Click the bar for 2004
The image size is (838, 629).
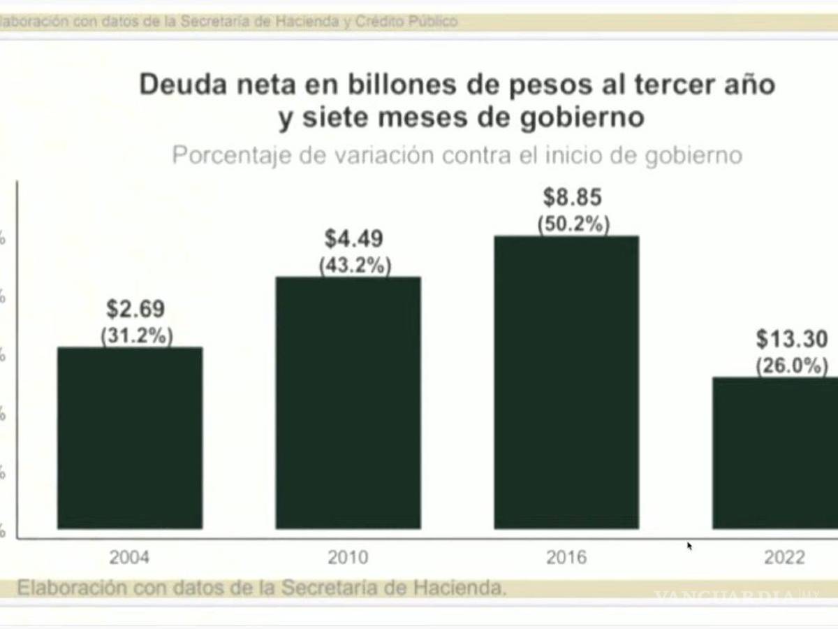coord(130,438)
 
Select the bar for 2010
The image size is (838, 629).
coord(348,403)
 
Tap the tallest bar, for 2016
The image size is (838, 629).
coord(566,382)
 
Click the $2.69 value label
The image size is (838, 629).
coord(135,309)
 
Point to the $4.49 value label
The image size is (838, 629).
coord(354,239)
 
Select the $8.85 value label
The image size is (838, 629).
coord(573,198)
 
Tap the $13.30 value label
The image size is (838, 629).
coord(792,340)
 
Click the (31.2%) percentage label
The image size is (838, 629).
coord(137,335)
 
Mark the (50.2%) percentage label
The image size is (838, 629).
coord(573,224)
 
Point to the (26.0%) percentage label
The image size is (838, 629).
coord(792,366)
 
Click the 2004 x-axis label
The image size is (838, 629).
coord(129,558)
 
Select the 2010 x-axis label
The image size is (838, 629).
coord(348,558)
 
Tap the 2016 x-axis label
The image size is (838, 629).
coord(566,558)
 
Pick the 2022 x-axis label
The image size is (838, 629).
coord(784,558)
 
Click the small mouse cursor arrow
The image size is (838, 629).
coord(690,546)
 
